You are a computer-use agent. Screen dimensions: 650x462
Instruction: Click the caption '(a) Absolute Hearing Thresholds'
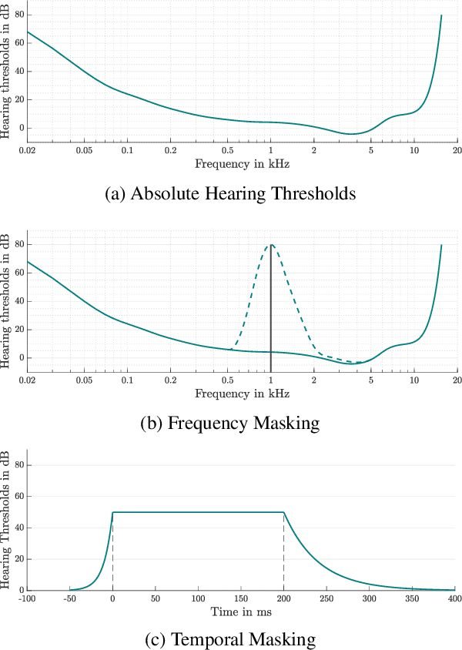point(230,193)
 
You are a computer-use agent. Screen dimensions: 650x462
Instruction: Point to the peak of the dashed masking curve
point(271,244)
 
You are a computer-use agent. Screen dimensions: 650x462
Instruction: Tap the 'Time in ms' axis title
point(242,611)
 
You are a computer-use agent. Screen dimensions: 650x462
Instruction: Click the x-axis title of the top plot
point(242,163)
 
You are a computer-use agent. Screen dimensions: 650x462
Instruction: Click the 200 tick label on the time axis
point(285,598)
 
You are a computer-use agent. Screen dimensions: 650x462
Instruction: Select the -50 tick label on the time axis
point(69,598)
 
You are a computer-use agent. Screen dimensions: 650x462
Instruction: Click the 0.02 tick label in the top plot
point(28,150)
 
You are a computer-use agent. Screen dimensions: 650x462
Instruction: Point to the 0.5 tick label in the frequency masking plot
point(228,380)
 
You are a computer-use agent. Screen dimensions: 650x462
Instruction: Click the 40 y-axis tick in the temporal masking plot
point(19,528)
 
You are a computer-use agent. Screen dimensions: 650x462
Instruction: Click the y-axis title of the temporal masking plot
point(7,520)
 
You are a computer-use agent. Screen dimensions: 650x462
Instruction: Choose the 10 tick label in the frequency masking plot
point(414,380)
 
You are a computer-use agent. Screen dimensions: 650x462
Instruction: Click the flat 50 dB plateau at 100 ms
point(199,512)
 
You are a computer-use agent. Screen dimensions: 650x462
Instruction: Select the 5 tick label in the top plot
point(371,150)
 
